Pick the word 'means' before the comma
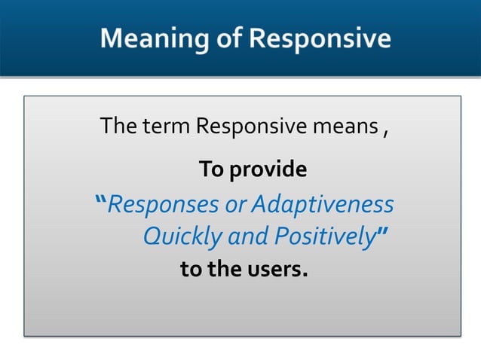345,126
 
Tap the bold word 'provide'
268,170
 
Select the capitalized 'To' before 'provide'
211,169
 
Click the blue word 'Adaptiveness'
322,204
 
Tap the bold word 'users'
275,269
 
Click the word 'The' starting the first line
118,126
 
